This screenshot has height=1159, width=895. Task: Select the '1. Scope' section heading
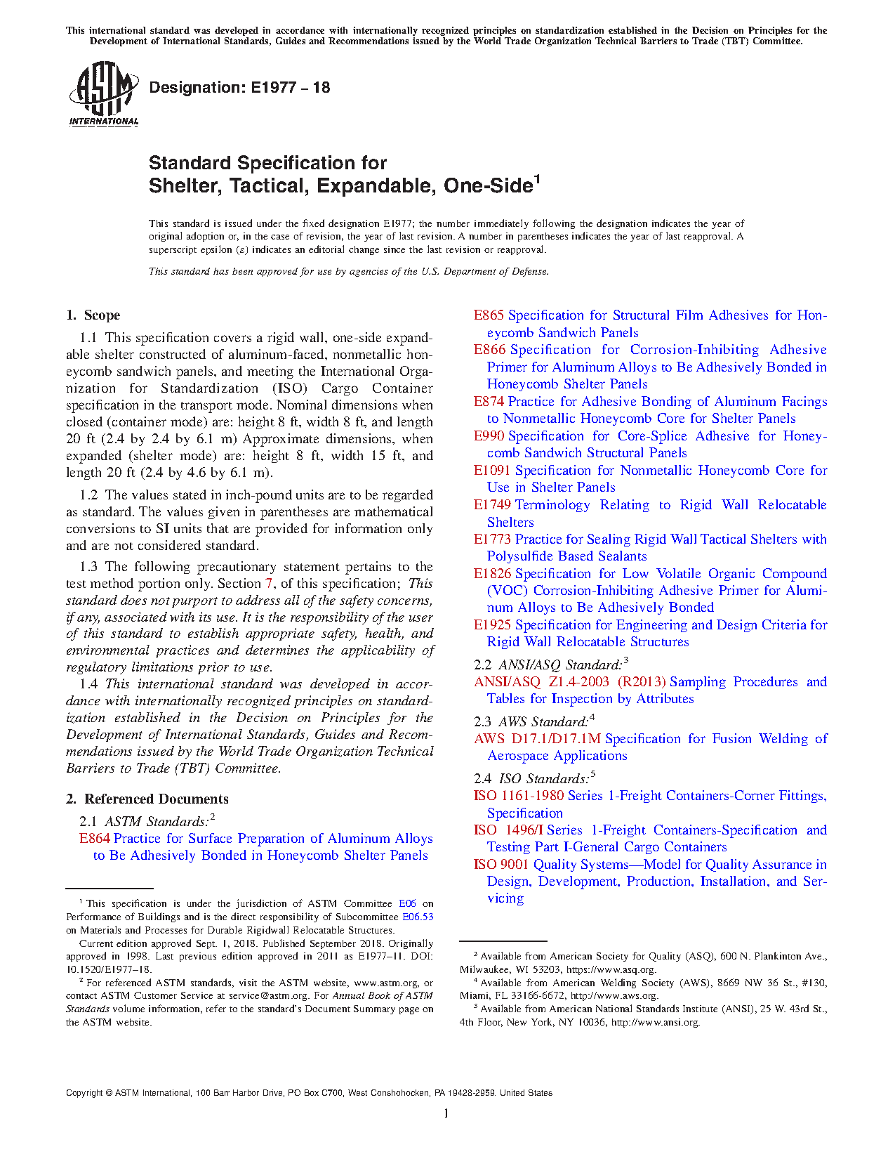[x=93, y=315]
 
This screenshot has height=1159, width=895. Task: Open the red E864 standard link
[x=95, y=839]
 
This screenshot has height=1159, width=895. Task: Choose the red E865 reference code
[x=489, y=315]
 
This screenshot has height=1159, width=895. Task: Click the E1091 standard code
[x=491, y=471]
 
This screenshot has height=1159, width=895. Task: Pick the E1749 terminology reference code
[x=491, y=505]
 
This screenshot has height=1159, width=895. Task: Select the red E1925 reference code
[x=491, y=625]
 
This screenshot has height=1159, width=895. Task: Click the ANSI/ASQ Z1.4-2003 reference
[x=569, y=682]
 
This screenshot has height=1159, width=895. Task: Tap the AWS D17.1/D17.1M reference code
[x=537, y=739]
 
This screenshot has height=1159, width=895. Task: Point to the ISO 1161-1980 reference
[x=519, y=796]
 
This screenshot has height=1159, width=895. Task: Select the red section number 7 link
[x=269, y=584]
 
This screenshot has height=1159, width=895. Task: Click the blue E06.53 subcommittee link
[x=418, y=917]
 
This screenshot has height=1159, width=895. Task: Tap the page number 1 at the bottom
[x=446, y=1113]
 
